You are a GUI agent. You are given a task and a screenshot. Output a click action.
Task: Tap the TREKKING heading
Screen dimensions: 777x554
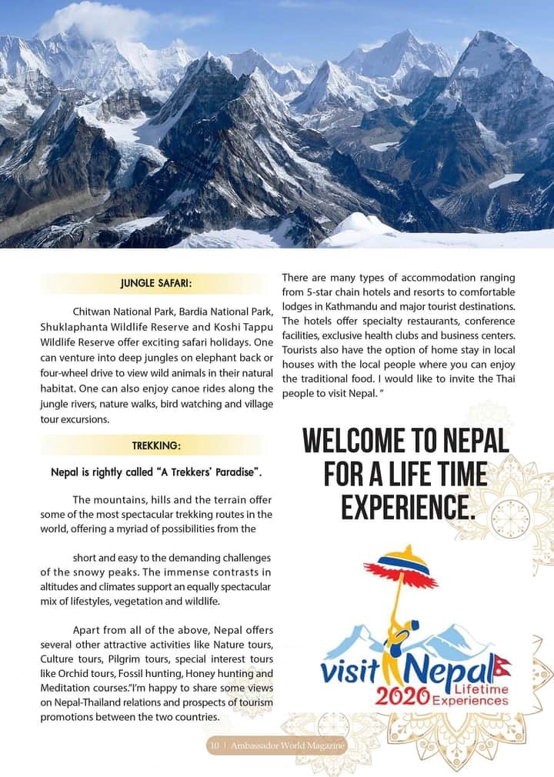[156, 445]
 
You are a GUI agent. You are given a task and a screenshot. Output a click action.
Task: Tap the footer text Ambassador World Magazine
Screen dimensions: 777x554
[289, 745]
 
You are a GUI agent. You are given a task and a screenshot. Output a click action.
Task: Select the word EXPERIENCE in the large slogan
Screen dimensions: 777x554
[405, 507]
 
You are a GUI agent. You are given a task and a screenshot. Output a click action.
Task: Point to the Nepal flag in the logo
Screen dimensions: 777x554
[502, 663]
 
